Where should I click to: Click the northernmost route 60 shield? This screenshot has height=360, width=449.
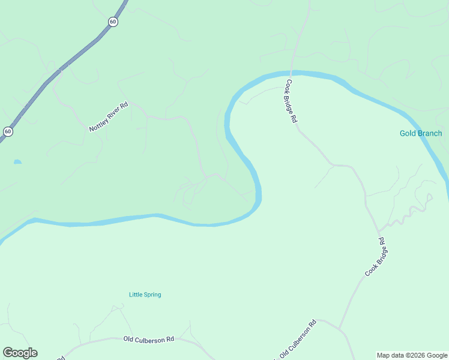113,22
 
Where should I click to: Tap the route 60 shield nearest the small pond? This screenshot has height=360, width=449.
7,131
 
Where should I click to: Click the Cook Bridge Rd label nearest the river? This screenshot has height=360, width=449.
292,101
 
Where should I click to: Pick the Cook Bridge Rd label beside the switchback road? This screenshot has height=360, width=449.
375,257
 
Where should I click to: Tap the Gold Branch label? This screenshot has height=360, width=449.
421,133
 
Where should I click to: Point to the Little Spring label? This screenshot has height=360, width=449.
145,295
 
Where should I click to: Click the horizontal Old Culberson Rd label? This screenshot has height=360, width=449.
148,339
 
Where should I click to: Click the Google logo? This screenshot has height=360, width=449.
20,353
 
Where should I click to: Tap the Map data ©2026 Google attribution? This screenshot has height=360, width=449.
412,355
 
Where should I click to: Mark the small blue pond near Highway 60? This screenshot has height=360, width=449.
17,161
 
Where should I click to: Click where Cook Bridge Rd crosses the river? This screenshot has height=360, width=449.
292,73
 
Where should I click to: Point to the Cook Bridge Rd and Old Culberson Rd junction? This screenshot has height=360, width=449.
340,329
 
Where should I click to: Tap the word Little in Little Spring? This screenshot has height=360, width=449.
136,295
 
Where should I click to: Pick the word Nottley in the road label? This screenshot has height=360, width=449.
98,124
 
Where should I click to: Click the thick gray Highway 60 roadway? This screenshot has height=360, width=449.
72,60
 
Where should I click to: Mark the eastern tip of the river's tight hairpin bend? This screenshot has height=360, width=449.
259,195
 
